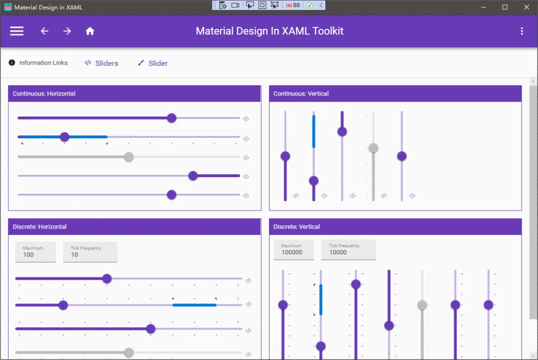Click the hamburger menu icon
pos(16,31)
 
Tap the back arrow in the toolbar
pos(45,31)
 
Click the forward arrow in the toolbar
pos(67,31)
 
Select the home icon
pos(90,31)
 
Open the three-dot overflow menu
pos(522,31)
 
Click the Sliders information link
pos(101,63)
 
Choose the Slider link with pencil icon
pos(153,63)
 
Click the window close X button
pos(527,7)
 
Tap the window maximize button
pos(505,7)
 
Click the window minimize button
pos(483,7)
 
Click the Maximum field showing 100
pos(35,252)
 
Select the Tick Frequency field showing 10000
pos(348,249)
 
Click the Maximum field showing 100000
pos(294,249)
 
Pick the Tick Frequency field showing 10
pos(90,252)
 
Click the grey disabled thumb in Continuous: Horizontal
pos(129,157)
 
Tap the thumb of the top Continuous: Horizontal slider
pos(171,118)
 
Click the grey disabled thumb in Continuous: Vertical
pos(373,148)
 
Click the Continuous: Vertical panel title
pos(301,94)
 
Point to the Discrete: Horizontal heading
pos(39,227)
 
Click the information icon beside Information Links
pos(11,63)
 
